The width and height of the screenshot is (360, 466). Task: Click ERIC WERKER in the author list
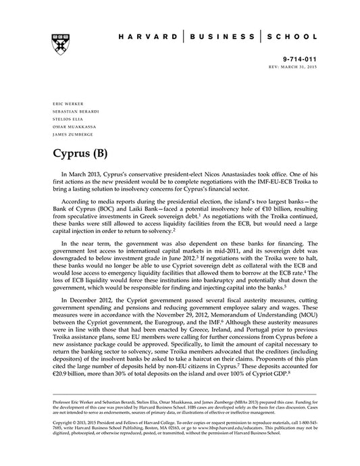[65, 103]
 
